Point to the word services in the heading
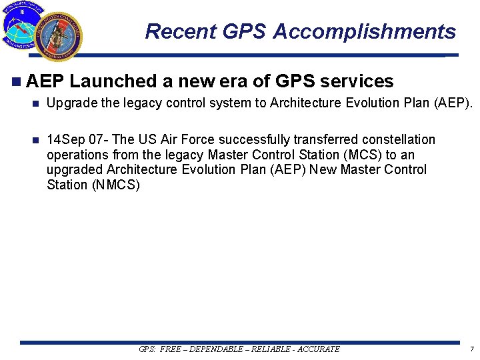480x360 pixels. tap(357, 81)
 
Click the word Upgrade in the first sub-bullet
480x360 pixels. tap(69, 105)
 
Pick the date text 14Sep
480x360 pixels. tap(65, 140)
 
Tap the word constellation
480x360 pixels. tap(399, 140)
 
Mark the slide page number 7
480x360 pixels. tap(471, 349)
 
